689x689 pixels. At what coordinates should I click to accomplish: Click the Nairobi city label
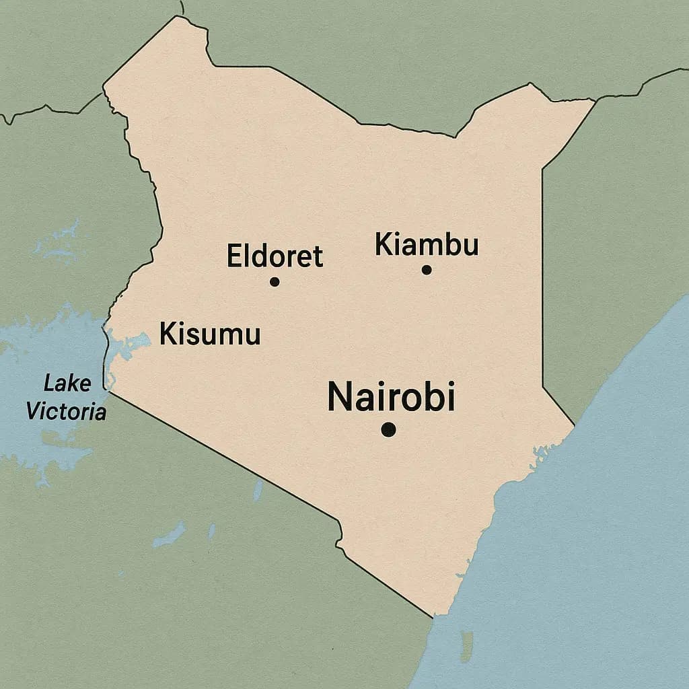click(x=391, y=396)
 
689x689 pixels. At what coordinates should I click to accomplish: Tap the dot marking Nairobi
click(x=388, y=429)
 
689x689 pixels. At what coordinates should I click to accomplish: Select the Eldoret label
click(x=275, y=256)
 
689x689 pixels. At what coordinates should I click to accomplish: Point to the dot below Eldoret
click(x=275, y=281)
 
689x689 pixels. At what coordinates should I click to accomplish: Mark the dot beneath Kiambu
click(x=426, y=270)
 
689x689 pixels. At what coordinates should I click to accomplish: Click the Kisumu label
click(x=210, y=334)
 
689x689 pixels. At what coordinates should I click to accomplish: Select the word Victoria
click(x=66, y=411)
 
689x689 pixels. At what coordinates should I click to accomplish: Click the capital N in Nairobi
click(x=340, y=397)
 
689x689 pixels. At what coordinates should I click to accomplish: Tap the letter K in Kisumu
click(x=169, y=334)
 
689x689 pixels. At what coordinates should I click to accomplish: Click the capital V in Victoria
click(x=33, y=411)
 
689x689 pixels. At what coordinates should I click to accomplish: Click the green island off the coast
click(x=466, y=646)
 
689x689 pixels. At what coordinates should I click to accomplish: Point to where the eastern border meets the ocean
click(x=574, y=426)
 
